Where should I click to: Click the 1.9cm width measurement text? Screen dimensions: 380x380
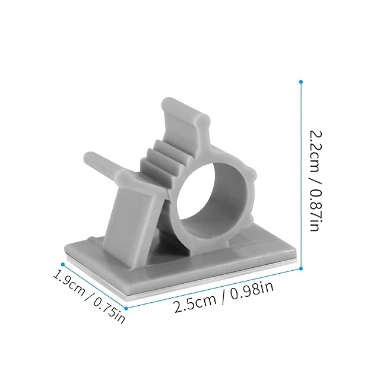pyautogui.click(x=69, y=283)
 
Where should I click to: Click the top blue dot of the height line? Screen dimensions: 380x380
pyautogui.click(x=301, y=82)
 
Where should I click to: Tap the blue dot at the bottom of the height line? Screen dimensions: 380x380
pyautogui.click(x=301, y=268)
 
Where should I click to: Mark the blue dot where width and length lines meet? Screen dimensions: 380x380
pyautogui.click(x=126, y=308)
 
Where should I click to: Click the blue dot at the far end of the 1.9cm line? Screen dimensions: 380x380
pyautogui.click(x=63, y=264)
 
